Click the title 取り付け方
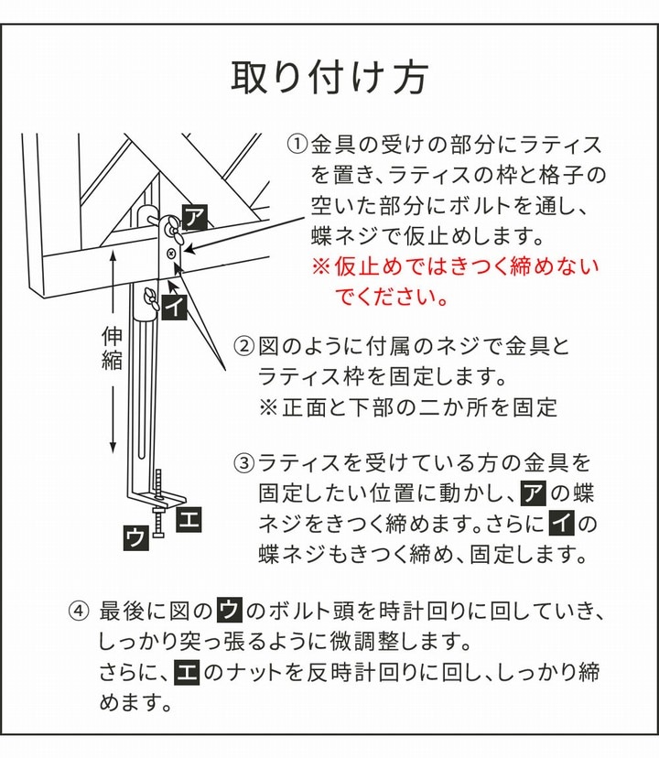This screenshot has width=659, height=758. point(329,77)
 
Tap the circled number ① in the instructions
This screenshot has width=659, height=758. point(297,144)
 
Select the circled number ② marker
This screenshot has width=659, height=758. point(243,346)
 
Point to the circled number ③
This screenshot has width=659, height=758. point(243,462)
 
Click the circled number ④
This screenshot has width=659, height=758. point(79,611)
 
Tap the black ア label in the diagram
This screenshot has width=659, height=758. point(195,217)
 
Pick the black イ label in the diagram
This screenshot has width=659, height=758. point(174,306)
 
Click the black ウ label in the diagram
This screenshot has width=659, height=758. point(136,537)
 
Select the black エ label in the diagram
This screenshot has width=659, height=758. point(189,519)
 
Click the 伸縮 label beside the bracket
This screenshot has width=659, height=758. point(112,348)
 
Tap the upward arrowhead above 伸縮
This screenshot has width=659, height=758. point(113,255)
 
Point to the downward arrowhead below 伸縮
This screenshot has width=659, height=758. point(113,447)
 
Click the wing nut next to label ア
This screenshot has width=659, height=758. point(173,229)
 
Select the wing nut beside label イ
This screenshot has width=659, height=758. point(150,299)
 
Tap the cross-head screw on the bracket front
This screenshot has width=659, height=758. point(170,254)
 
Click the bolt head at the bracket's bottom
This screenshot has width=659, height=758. point(158,535)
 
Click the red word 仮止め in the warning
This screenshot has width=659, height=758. point(368,266)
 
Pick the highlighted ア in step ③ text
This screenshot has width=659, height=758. point(534,493)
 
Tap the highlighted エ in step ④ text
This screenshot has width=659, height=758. point(187,672)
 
